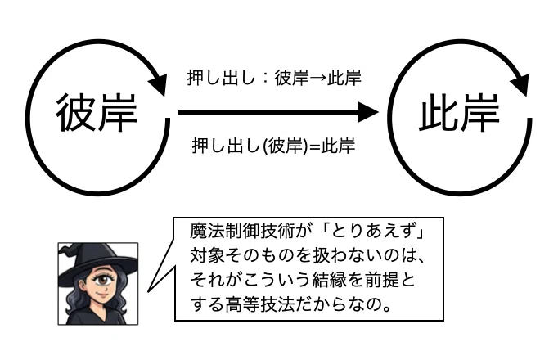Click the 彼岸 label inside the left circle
(97, 112)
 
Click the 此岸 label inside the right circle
(460, 112)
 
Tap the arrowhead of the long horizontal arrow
(368, 112)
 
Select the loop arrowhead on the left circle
(158, 84)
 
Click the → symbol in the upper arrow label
(317, 78)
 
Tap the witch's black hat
(95, 258)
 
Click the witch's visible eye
(102, 280)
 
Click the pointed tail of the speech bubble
(149, 291)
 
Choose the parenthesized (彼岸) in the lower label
(286, 146)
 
